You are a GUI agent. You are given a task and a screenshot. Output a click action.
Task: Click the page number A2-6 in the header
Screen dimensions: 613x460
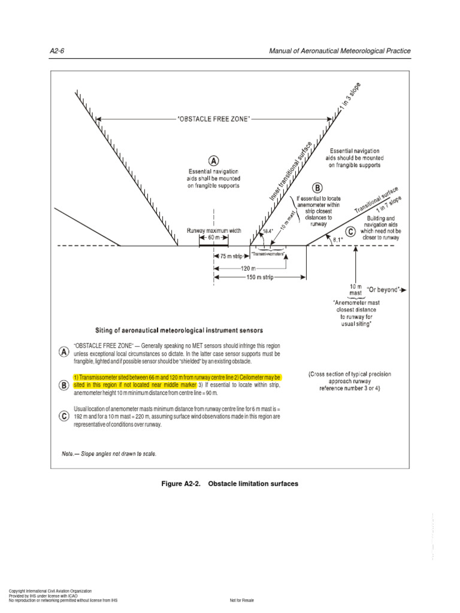click(x=56, y=51)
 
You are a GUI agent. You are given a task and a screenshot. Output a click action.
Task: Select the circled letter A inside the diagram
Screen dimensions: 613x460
click(x=213, y=160)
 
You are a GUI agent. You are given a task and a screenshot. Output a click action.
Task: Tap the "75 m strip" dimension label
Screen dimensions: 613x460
click(x=231, y=256)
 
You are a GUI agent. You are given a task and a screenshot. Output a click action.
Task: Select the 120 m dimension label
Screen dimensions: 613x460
click(x=249, y=269)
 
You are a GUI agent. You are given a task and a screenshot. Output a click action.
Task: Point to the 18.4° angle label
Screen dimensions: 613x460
click(x=267, y=230)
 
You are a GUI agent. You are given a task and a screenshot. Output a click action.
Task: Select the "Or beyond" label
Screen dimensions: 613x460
click(x=383, y=290)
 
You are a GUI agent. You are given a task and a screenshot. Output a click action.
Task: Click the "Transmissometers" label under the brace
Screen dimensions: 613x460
click(x=268, y=254)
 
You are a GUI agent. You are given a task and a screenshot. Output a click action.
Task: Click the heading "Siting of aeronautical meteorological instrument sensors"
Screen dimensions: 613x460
click(x=179, y=330)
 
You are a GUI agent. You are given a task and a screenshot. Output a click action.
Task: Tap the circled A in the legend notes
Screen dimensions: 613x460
click(x=63, y=352)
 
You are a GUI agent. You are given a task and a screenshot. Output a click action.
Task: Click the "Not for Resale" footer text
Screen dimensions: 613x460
click(x=242, y=600)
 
